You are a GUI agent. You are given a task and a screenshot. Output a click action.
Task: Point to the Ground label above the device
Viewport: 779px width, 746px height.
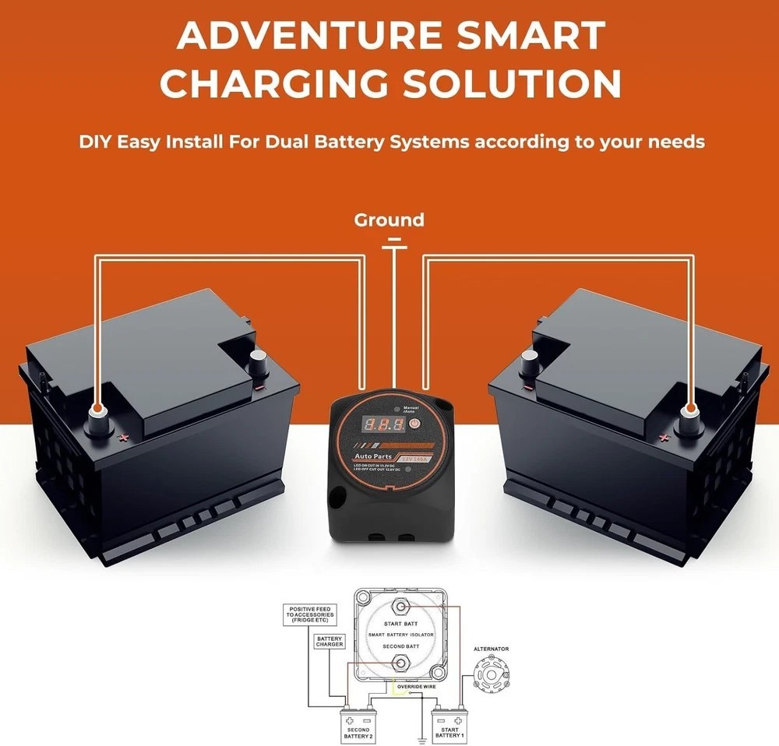pyautogui.click(x=389, y=220)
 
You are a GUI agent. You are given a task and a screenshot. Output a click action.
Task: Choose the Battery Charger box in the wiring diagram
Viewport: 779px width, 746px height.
pyautogui.click(x=330, y=642)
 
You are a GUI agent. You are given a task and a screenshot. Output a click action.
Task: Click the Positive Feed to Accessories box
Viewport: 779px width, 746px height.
pyautogui.click(x=311, y=614)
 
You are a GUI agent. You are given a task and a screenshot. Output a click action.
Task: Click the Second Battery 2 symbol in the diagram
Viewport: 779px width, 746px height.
pyautogui.click(x=358, y=724)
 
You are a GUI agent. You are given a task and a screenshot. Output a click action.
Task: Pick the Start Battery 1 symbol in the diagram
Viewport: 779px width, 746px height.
pyautogui.click(x=449, y=724)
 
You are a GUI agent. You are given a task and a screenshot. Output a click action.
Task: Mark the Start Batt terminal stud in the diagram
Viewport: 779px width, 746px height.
pyautogui.click(x=400, y=607)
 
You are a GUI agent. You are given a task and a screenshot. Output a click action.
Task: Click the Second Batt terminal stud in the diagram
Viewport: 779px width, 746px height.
pyautogui.click(x=400, y=663)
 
